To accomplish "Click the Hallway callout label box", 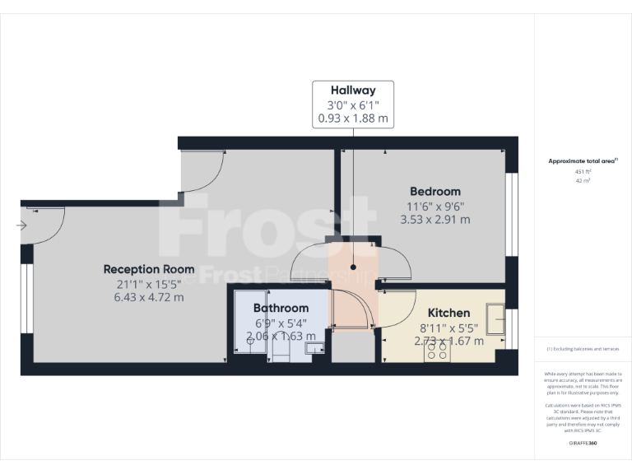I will coord(353,104).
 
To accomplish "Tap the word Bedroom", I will coord(434,192).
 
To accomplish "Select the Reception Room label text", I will coord(149,269).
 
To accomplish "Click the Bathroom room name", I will coord(281,309).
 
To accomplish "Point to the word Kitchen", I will coord(448,313).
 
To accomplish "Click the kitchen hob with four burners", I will coord(437,351).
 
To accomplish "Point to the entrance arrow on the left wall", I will coord(21,225).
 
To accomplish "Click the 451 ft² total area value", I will coord(583,171).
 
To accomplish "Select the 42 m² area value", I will coord(583,181).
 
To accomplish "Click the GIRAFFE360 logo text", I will coord(583,443).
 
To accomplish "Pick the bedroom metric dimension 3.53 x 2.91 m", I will coord(434,220).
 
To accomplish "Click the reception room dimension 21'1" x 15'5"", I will coord(149,283).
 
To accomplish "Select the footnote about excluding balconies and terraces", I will coord(583,350).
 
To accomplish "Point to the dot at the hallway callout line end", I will coord(354,267).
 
